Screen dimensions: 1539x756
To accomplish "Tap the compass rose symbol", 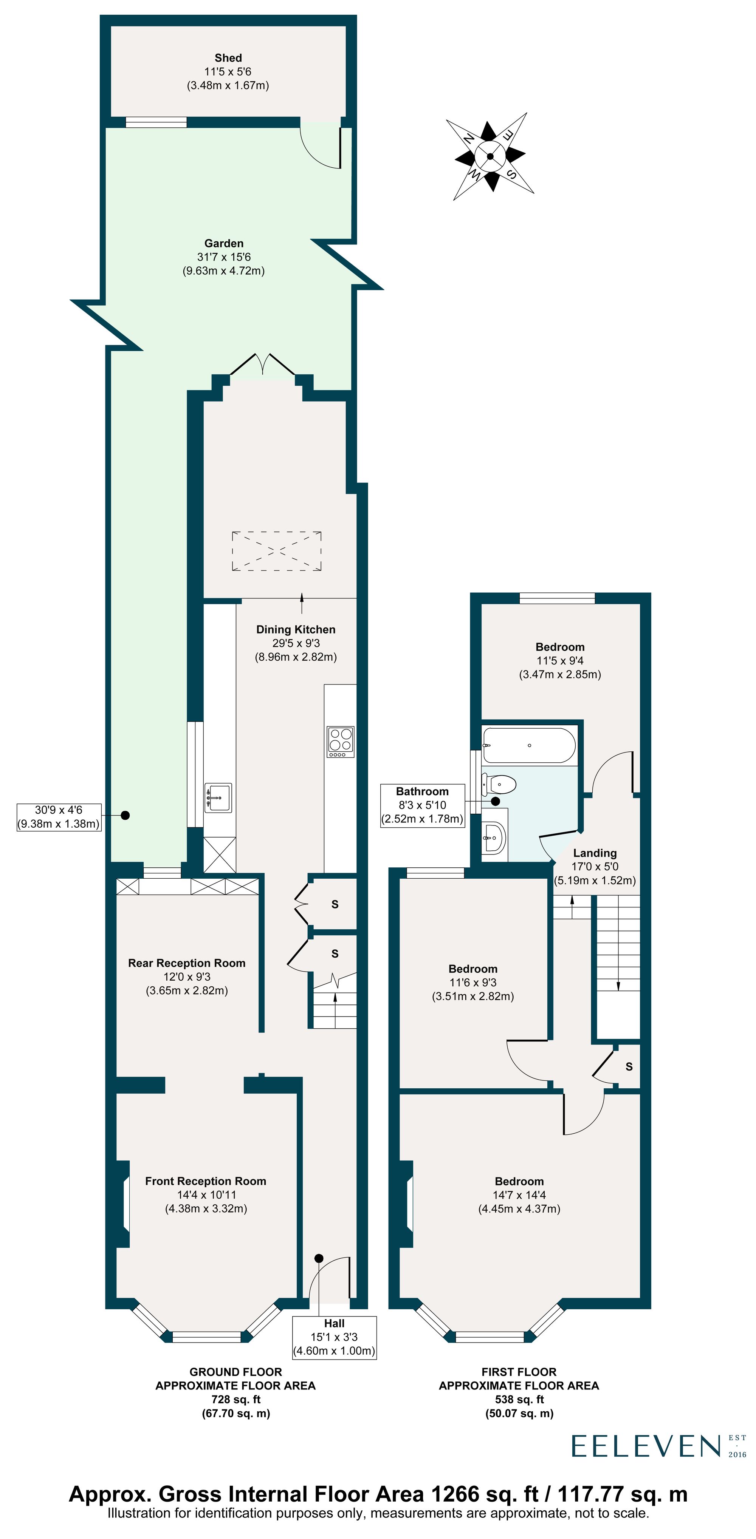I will coord(490,156).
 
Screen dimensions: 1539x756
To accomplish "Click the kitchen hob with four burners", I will coord(340,742).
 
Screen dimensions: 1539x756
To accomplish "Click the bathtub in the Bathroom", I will coord(529,745).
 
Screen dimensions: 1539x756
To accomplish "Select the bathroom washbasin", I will coord(494,838).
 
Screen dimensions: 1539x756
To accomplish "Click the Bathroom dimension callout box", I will coord(423,805).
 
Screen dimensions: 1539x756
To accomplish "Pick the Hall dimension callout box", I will coord(334,1337).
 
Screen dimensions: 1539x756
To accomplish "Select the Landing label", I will coord(595,853).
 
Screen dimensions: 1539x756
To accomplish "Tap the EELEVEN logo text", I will coord(646,1446).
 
